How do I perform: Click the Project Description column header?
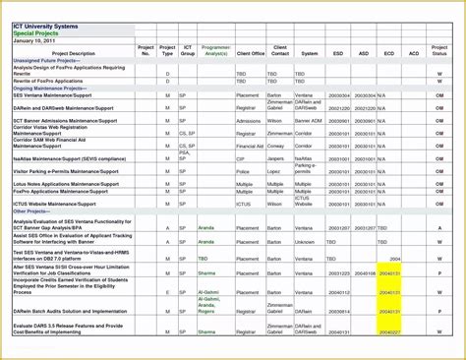pos(73,53)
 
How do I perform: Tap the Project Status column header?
pos(439,50)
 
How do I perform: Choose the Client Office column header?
pos(250,53)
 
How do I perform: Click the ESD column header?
pos(338,53)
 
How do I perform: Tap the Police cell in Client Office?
pos(244,170)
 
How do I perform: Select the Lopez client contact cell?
pos(275,170)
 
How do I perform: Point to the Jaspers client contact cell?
pos(276,157)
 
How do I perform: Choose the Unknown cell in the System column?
pos(307,241)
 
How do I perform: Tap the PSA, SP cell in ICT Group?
pos(185,155)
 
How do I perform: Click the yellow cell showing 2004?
pos(393,259)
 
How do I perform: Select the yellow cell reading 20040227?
pos(389,330)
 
